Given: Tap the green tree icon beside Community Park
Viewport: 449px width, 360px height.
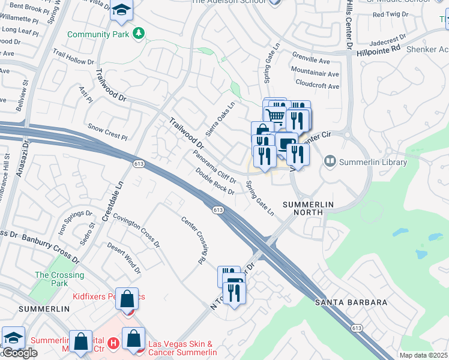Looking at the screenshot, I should tap(139, 32).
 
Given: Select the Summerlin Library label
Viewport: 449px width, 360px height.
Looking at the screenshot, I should tap(373, 162).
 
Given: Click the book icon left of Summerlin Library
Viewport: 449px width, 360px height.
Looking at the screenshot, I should tap(330, 161).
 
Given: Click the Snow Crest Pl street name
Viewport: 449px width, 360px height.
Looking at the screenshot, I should tap(108, 132).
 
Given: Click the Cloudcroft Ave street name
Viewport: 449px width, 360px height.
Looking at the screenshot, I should tap(317, 86).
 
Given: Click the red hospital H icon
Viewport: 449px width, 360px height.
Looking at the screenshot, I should tap(115, 343).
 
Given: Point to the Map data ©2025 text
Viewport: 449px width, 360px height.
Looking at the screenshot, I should tap(423, 355).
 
